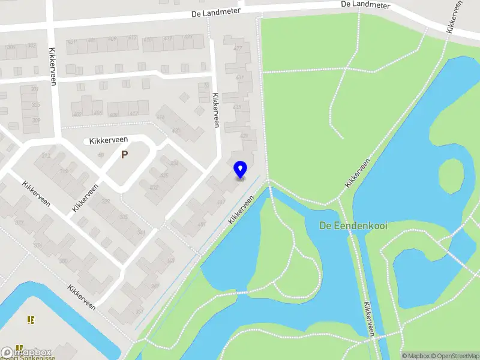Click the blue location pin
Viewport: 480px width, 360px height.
(240, 169)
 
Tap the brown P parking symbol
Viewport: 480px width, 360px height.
(124, 154)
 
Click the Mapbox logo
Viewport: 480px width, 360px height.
(27, 352)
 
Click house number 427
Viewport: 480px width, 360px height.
(238, 48)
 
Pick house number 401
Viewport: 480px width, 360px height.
(72, 41)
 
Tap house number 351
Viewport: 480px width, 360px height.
(139, 311)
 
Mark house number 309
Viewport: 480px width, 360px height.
(36, 121)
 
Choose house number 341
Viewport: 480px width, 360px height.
(142, 232)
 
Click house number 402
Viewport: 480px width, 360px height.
(77, 113)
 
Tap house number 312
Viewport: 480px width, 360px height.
(46, 155)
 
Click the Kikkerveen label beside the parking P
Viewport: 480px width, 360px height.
(109, 140)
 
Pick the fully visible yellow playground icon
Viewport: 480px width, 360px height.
(31, 320)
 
